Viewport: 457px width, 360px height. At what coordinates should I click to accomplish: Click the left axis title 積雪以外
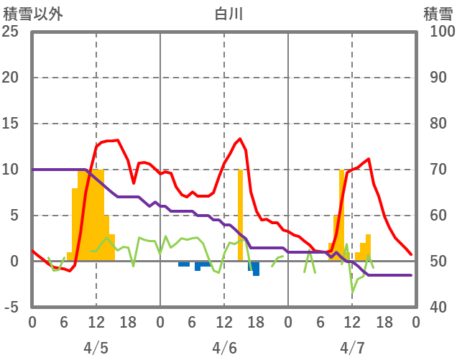(33, 14)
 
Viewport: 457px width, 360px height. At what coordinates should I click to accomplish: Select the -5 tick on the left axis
(12, 308)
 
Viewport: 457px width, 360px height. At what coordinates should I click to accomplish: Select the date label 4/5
(96, 348)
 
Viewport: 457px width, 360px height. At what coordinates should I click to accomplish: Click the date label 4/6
(224, 348)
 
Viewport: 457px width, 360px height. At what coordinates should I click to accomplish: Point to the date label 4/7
(352, 348)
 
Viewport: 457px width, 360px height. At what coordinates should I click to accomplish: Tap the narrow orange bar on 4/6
(240, 208)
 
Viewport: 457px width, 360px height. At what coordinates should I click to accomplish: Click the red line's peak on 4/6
(240, 139)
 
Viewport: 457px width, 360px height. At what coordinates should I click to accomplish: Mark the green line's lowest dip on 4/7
(353, 292)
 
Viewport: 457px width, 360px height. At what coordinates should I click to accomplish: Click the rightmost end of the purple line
(411, 275)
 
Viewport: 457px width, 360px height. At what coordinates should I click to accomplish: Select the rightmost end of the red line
(411, 254)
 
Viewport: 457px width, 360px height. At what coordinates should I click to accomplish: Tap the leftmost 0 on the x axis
(32, 323)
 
